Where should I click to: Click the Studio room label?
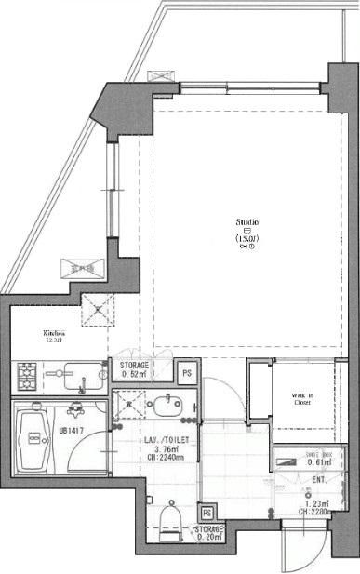point(247,222)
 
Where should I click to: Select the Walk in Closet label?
point(302,399)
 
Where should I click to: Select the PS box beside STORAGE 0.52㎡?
point(186,372)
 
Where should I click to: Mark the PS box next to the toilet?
point(206,512)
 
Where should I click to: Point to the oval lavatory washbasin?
point(168,406)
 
